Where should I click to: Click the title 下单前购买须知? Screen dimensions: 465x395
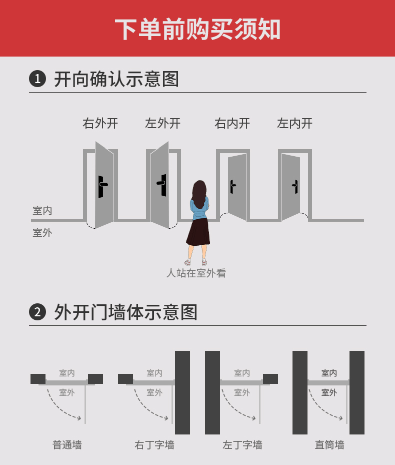pos(197,29)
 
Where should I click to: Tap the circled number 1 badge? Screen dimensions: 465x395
pos(37,79)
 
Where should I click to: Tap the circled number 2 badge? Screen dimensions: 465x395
pos(37,312)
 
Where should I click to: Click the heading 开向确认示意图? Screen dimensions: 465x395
pos(116,79)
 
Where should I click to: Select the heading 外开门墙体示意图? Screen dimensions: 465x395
pos(125,312)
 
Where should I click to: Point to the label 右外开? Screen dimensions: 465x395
pos(100,123)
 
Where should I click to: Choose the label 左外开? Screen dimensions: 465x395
pos(162,123)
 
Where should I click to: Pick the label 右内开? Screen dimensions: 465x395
pos(232,123)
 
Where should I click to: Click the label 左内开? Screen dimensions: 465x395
pos(294,123)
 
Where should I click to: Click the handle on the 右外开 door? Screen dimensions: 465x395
pos(102,186)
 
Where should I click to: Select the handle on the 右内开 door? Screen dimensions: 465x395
pos(232,186)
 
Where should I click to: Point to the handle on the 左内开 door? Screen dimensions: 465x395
pos(295,186)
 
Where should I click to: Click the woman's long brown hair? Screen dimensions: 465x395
pos(200,193)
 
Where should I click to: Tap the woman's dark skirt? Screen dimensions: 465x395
pos(198,231)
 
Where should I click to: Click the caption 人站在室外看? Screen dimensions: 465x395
pos(196,273)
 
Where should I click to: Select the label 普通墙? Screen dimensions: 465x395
pos(67,444)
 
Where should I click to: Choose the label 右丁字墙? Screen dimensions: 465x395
pos(154,444)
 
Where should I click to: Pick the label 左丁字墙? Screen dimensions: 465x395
pos(242,444)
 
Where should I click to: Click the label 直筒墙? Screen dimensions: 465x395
pos(329,444)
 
